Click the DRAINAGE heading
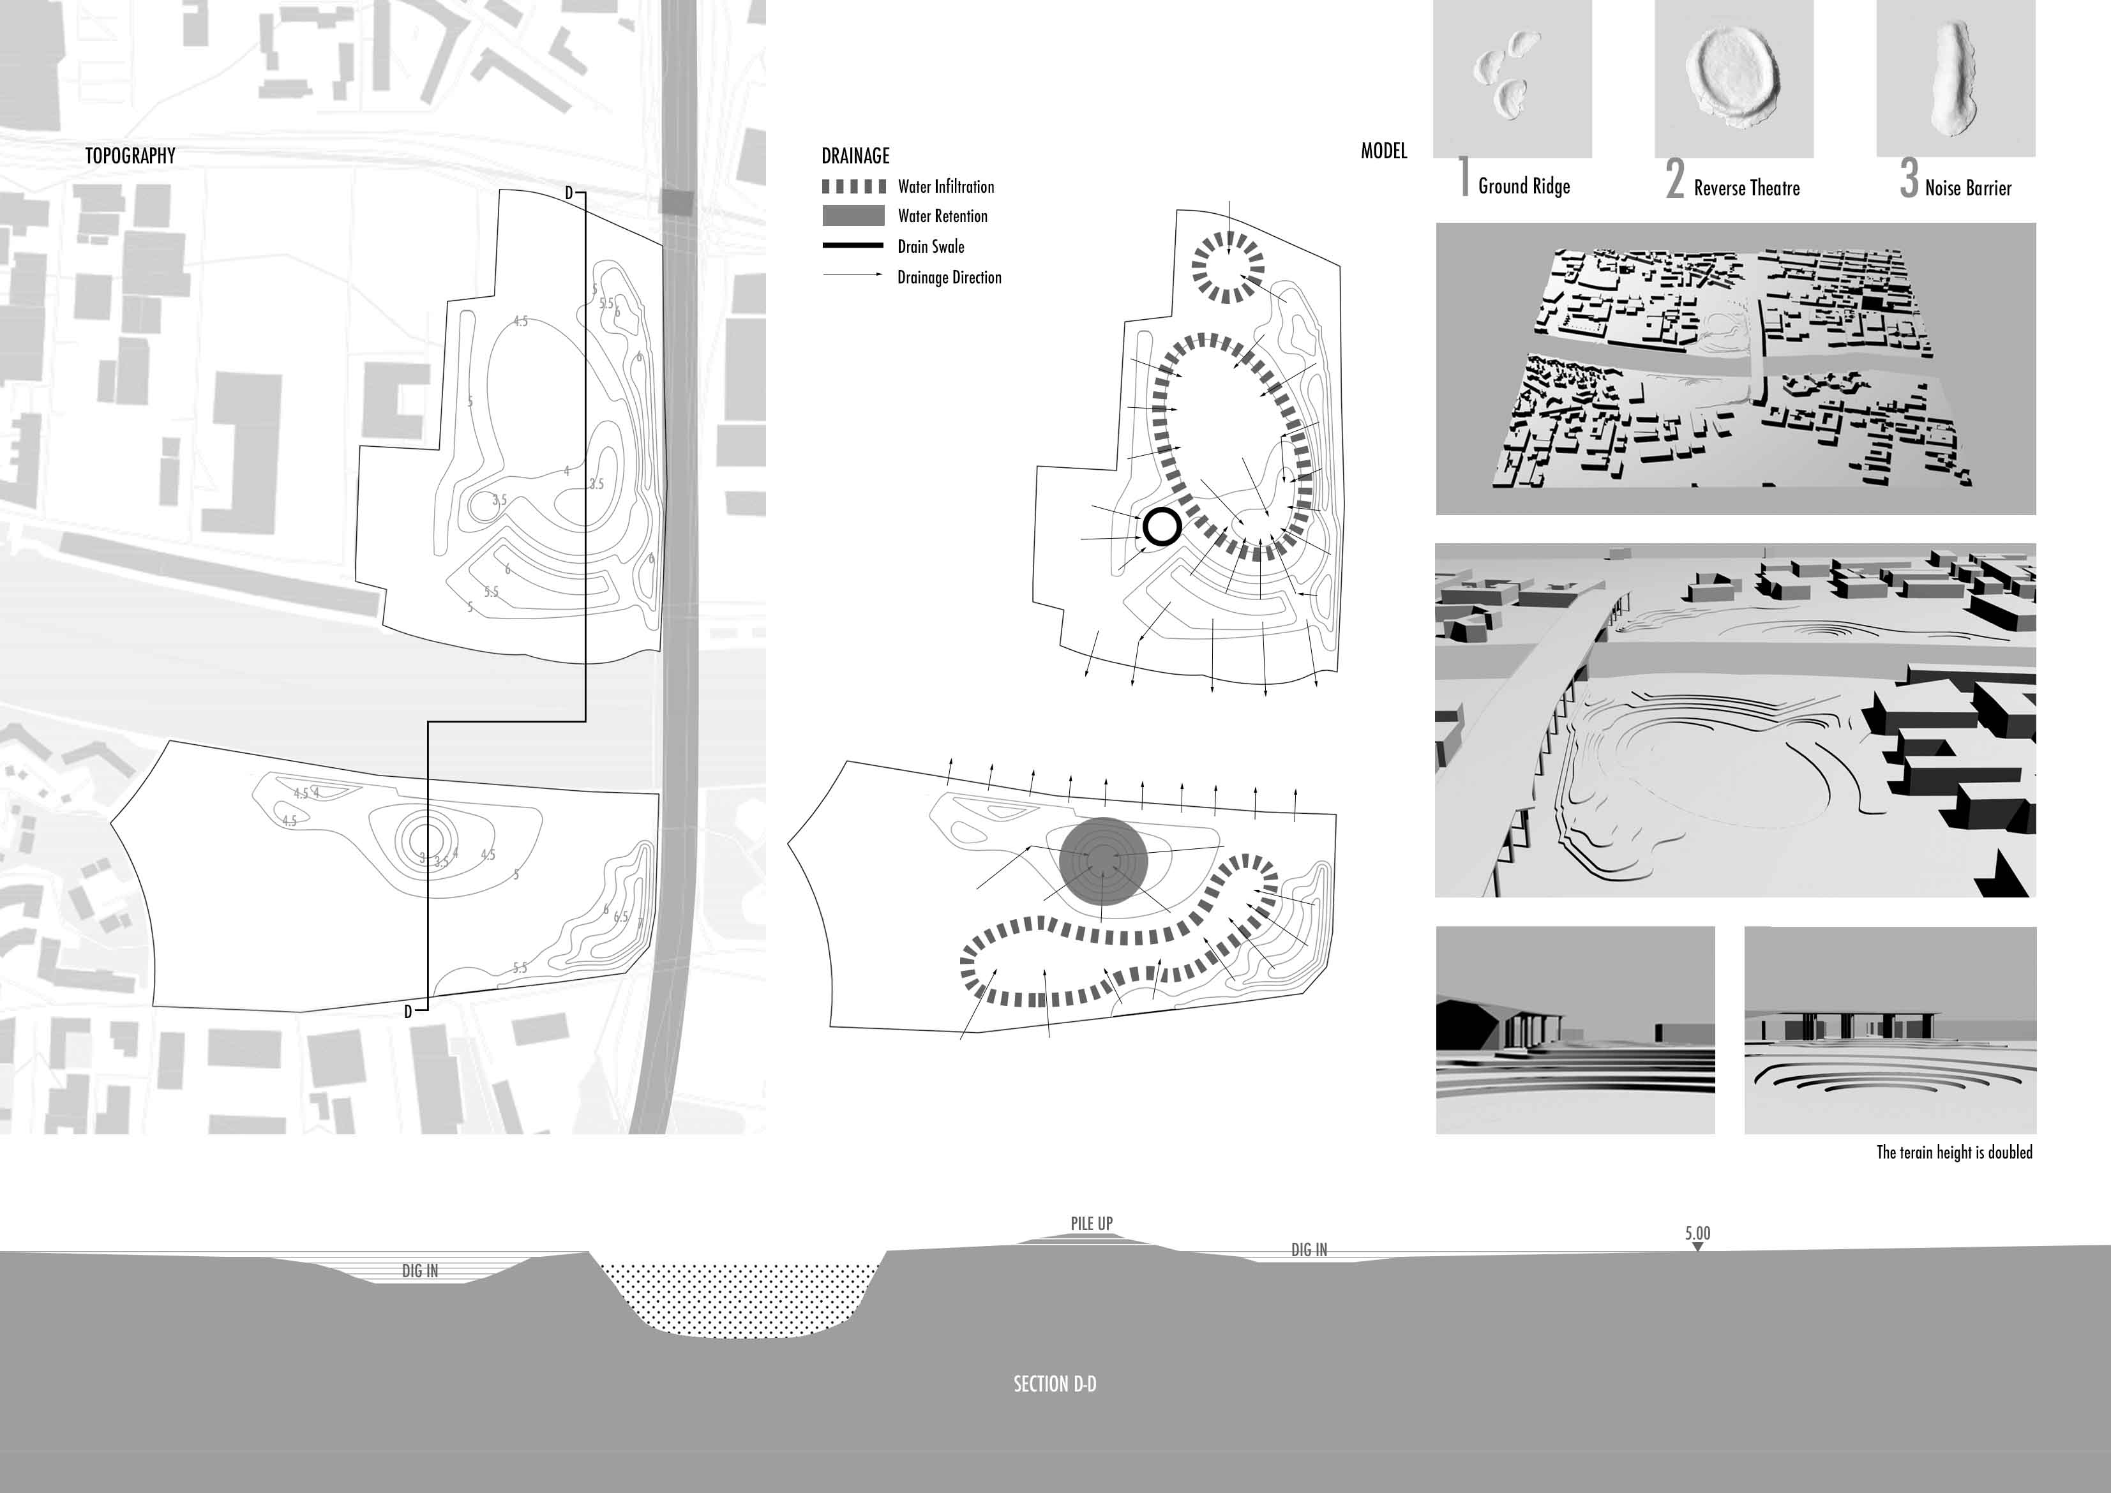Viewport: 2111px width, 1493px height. [x=855, y=155]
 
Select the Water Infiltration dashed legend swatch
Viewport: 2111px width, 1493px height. [x=854, y=186]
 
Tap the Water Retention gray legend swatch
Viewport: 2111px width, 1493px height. [x=854, y=216]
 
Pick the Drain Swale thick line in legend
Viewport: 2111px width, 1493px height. [x=854, y=246]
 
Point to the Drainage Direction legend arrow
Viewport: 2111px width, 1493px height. [x=854, y=275]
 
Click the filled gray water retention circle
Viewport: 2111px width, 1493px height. [x=1103, y=862]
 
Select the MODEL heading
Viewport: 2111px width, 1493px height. [x=1384, y=151]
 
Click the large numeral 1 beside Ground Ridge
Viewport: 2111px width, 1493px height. [x=1464, y=177]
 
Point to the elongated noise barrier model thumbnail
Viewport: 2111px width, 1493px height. [x=1956, y=77]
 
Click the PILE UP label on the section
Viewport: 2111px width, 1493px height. [x=1092, y=1224]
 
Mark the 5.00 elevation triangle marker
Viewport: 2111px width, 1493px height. [x=1697, y=1247]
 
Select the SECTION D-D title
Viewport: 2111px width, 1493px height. [x=1055, y=1384]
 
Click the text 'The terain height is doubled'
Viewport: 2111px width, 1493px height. [x=1954, y=1152]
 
